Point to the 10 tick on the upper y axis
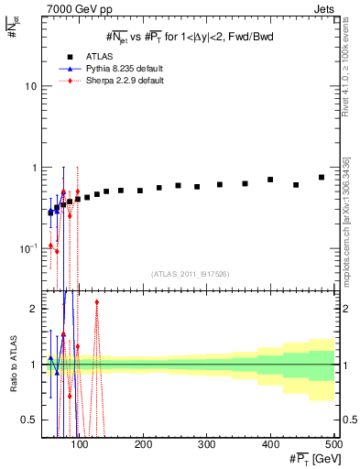pyautogui.click(x=31, y=86)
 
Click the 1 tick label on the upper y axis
pyautogui.click(x=35, y=168)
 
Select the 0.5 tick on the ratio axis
pyautogui.click(x=31, y=420)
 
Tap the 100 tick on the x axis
pyautogui.click(x=80, y=444)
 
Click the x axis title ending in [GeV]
pyautogui.click(x=311, y=458)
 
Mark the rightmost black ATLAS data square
pyautogui.click(x=322, y=177)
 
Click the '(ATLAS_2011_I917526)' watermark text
pyautogui.click(x=190, y=274)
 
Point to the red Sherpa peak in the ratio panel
pyautogui.click(x=96, y=301)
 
